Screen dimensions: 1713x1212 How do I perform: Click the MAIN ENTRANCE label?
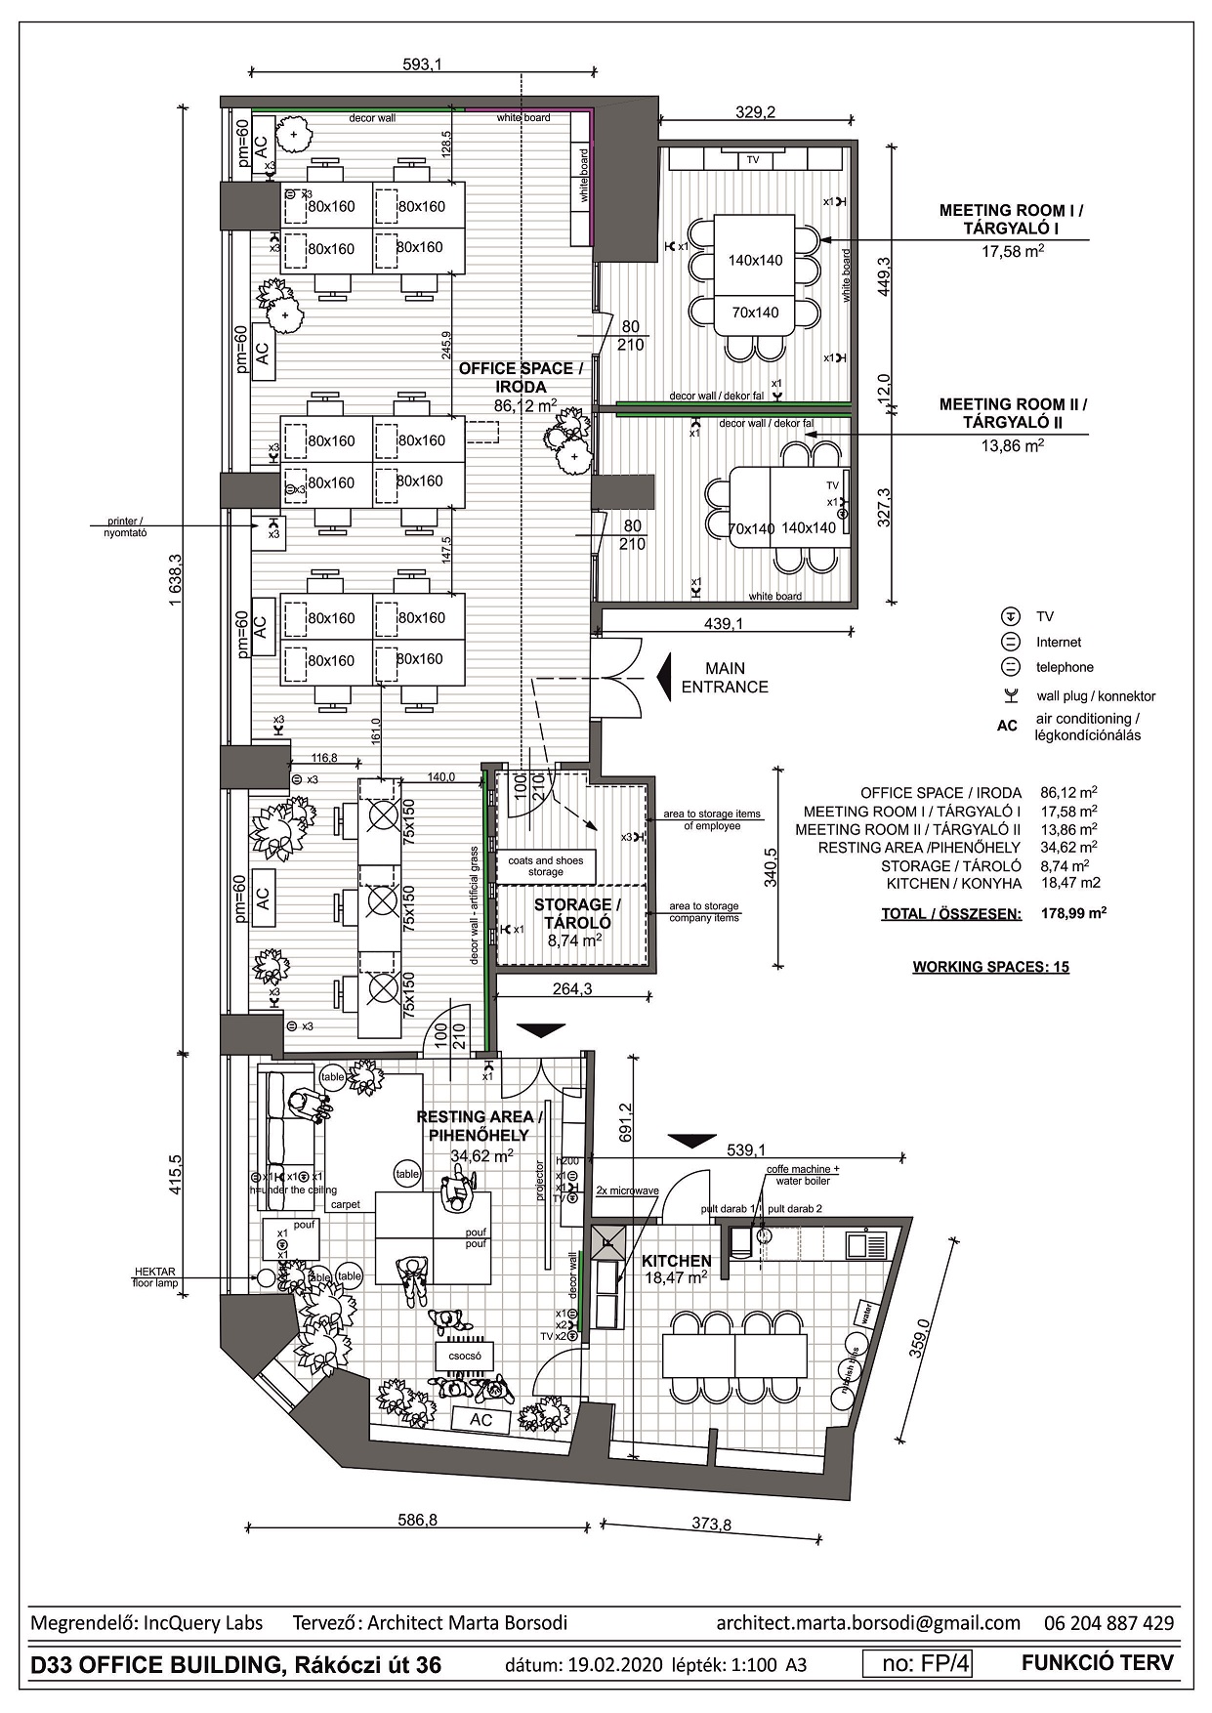[x=725, y=678]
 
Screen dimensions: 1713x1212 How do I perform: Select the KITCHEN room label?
[x=676, y=1261]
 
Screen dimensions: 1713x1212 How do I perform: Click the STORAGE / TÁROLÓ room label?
[x=576, y=913]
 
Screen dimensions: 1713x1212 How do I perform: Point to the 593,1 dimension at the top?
[x=422, y=65]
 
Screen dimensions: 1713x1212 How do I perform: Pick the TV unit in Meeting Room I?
[x=752, y=159]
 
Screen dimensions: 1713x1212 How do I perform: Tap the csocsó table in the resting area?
[x=465, y=1356]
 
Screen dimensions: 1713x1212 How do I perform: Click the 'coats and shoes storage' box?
[x=546, y=866]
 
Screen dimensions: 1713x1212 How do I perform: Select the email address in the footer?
[x=867, y=1623]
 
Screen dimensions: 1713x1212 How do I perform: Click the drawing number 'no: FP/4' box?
[x=918, y=1663]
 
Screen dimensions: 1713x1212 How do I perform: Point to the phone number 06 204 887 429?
[x=1108, y=1623]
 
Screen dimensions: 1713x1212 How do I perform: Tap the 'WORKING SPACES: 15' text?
[x=990, y=967]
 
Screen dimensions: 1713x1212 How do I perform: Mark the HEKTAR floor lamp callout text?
[x=155, y=1276]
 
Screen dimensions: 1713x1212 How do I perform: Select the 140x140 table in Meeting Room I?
[x=755, y=260]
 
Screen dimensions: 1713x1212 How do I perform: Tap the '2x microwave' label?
[x=627, y=1191]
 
